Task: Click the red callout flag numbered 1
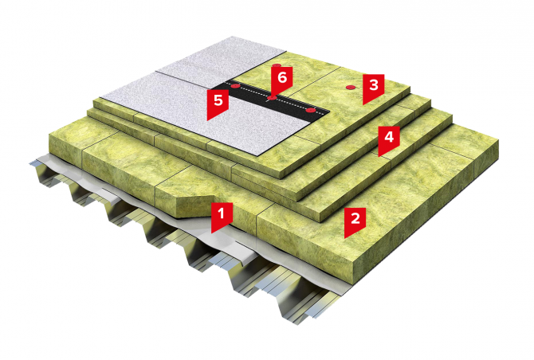[222, 215]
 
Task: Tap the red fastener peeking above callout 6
[277, 65]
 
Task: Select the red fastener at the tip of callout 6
[272, 98]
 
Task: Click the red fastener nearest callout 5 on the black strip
[234, 86]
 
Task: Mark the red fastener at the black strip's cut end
[310, 110]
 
